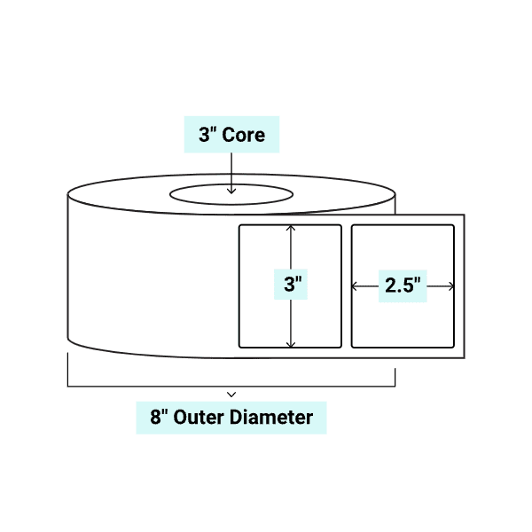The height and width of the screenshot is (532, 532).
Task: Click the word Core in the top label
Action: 243,136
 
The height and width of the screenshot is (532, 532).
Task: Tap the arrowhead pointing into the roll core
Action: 231,189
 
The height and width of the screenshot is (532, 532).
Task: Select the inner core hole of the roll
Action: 231,194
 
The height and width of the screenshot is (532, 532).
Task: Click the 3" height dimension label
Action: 291,286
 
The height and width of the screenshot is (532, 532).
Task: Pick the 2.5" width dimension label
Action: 403,286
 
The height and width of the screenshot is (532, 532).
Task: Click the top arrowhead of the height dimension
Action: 291,228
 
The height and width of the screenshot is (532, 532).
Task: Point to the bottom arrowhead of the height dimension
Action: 291,344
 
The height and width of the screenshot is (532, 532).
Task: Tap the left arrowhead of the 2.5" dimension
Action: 356,286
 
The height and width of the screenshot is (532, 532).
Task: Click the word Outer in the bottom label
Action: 200,417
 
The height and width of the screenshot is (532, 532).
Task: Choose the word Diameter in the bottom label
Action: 272,417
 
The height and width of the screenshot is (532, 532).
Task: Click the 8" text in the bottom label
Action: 160,417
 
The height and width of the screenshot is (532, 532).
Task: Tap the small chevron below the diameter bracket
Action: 231,393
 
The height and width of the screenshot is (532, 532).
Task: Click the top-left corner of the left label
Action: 240,226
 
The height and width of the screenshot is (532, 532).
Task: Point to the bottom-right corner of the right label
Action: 453,346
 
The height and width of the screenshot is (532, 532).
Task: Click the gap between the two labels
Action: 347,286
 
